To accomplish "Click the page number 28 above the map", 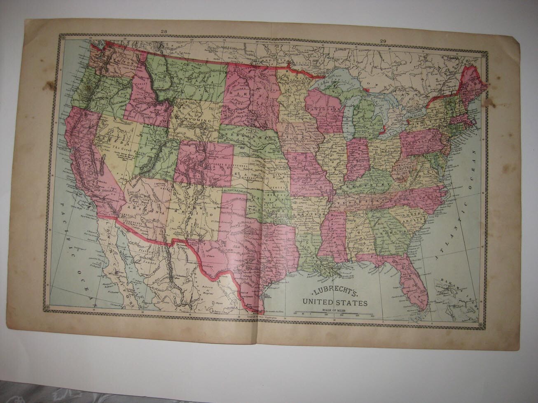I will coord(164,31).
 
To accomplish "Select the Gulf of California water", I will coord(124,263).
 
